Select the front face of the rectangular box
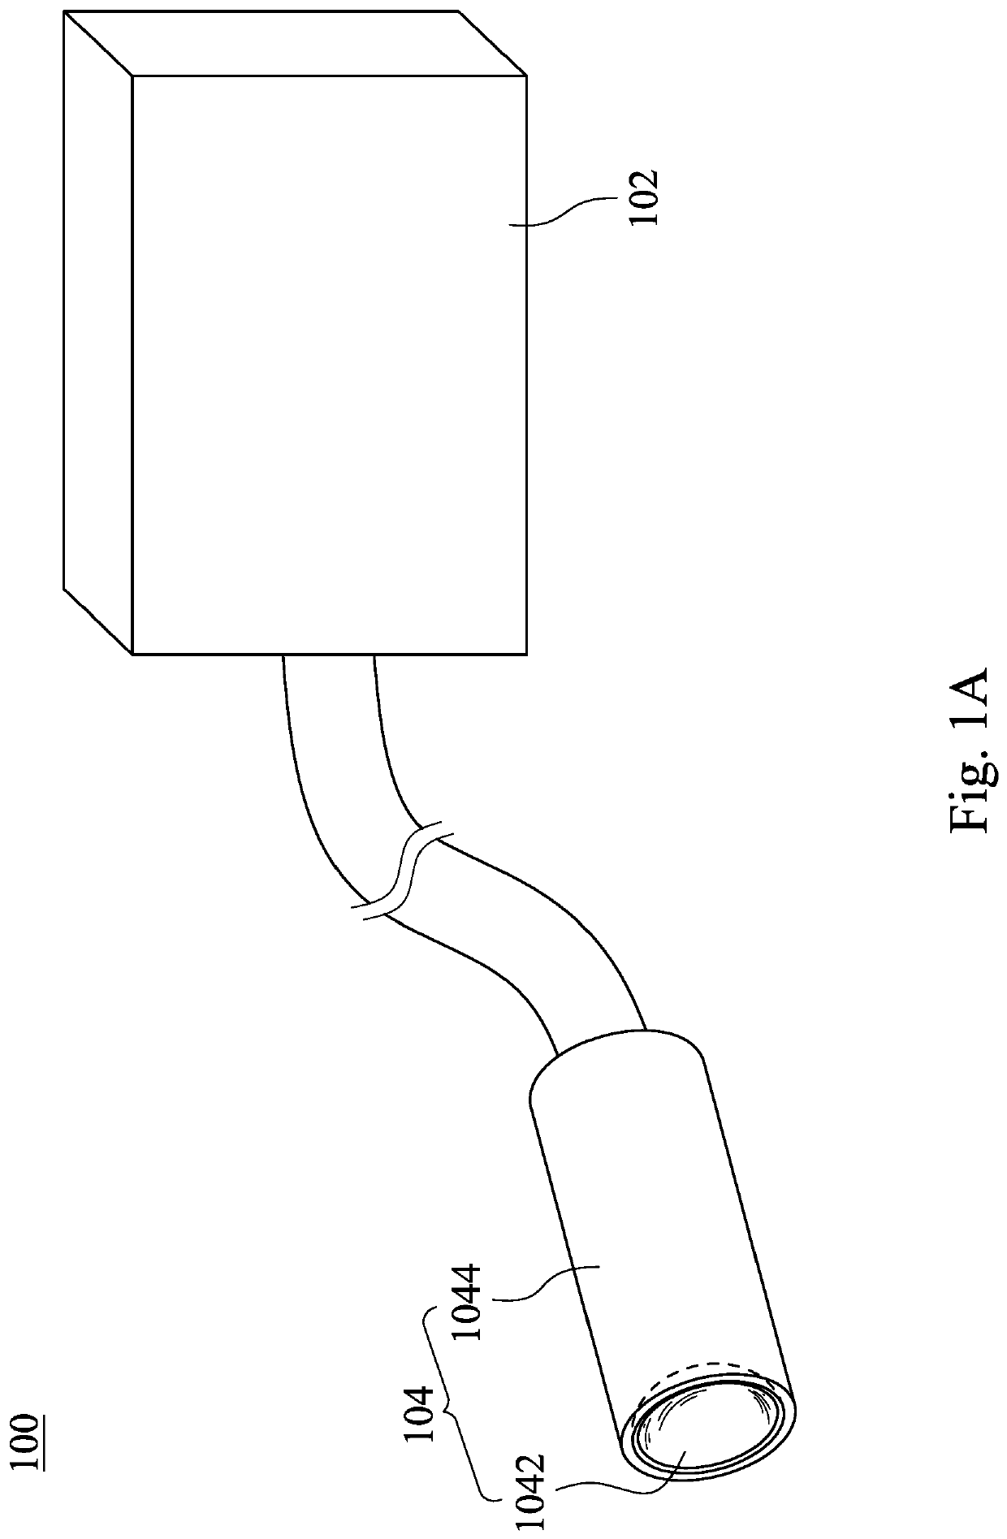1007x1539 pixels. pos(329,365)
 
